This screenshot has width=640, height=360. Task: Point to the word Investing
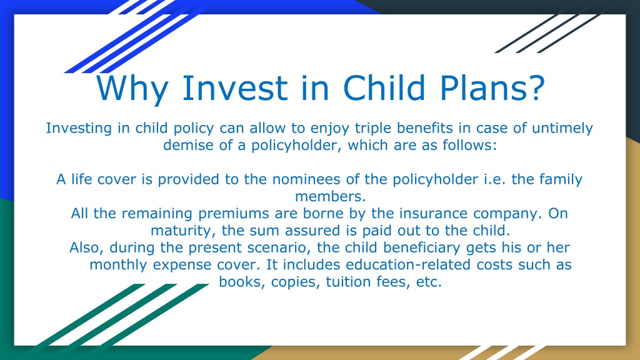79,129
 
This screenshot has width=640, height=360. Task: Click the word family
561,180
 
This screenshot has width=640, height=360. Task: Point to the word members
330,197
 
